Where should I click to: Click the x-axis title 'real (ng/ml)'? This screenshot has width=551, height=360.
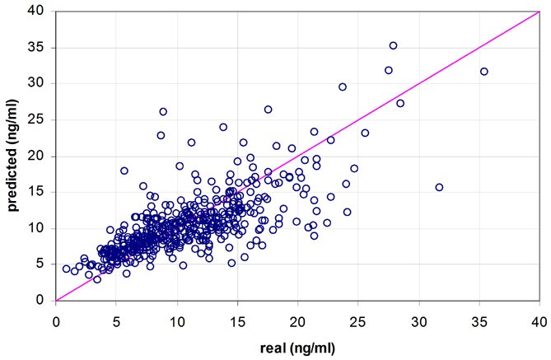[x=297, y=347]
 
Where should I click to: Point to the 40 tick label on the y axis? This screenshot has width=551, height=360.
[x=41, y=11]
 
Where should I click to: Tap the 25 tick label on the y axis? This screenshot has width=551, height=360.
[x=41, y=119]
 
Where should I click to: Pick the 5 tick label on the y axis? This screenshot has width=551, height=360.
[x=44, y=264]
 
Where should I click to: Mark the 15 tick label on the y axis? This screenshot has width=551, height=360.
[x=41, y=192]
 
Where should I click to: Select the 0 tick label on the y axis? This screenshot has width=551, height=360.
[x=44, y=301]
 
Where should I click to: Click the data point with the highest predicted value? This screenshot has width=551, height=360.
[x=393, y=45]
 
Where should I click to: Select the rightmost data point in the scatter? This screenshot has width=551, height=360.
[x=483, y=72]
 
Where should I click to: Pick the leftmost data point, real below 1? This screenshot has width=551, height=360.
[x=66, y=269]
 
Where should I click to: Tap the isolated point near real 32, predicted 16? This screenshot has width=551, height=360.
[x=439, y=187]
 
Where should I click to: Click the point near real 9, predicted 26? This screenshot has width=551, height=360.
[x=163, y=111]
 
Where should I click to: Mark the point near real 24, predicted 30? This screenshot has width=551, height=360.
[x=343, y=86]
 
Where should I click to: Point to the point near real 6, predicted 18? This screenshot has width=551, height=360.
[x=124, y=171]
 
